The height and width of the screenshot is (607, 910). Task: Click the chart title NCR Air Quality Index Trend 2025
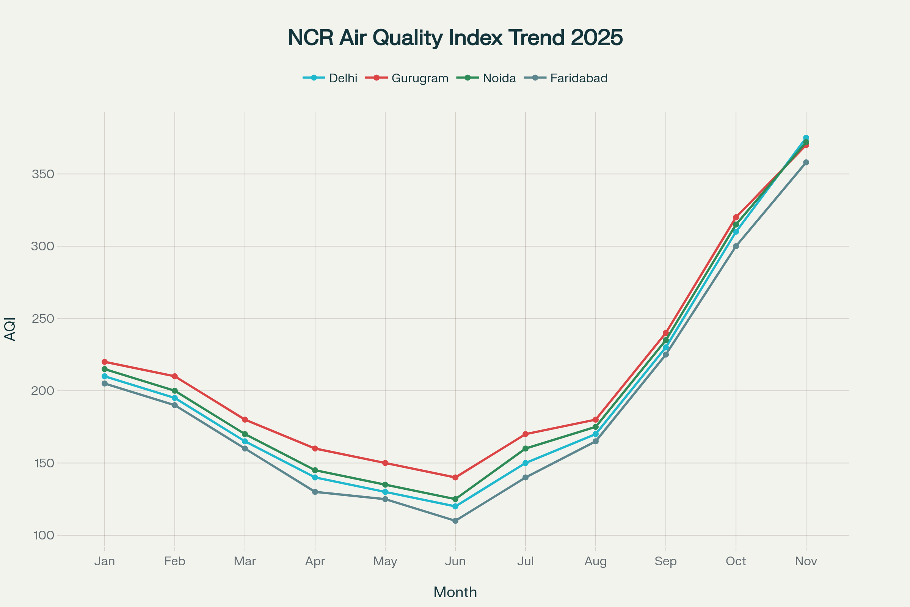coord(455,38)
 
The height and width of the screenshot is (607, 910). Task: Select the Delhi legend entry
coord(343,78)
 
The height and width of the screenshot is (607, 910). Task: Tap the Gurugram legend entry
coord(420,78)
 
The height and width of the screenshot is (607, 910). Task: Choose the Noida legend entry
coord(499,78)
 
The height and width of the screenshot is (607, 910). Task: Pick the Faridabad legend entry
coord(579,78)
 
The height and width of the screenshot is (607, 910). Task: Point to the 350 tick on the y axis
coord(42,174)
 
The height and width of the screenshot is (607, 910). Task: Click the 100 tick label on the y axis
coord(43,535)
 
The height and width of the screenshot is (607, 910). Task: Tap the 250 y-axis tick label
coord(42,319)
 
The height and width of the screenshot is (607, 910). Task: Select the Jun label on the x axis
coord(455,561)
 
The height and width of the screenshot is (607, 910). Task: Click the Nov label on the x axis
coord(806,561)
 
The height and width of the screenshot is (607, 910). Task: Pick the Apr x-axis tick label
coord(315,561)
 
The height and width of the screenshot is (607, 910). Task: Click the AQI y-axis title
coord(10,329)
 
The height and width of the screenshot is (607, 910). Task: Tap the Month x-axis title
coord(455,592)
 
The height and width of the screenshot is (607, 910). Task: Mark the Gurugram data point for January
coord(105,362)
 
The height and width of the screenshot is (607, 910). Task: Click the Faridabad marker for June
coord(455,521)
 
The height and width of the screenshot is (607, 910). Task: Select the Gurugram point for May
coord(385,463)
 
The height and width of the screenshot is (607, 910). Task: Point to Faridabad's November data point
coord(806,162)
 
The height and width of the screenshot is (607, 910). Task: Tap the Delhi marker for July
coord(526,463)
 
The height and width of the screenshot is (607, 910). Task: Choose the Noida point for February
coord(175,391)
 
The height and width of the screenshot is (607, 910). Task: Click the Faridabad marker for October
coord(736,246)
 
